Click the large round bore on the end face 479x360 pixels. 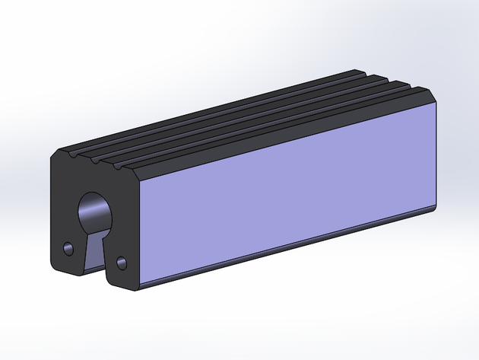(94, 210)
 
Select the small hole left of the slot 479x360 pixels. (68, 249)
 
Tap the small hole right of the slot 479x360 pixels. (121, 263)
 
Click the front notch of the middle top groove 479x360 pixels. (95, 161)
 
